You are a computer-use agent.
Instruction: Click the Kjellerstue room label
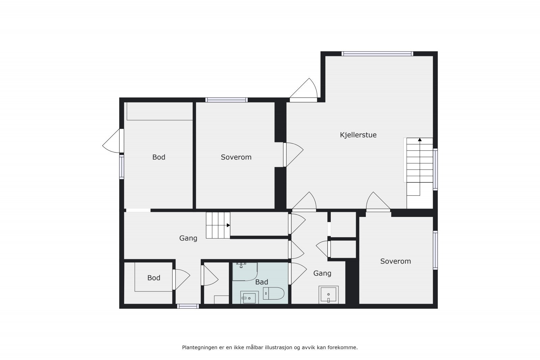click(358, 135)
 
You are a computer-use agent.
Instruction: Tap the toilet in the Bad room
click(274, 294)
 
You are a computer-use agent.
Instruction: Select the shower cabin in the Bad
click(245, 272)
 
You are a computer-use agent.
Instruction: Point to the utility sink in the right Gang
click(328, 295)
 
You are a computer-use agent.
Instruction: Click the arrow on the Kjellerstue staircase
click(420, 139)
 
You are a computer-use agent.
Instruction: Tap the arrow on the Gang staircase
click(228, 225)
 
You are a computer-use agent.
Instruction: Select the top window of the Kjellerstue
click(377, 54)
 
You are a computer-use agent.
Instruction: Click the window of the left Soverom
click(226, 100)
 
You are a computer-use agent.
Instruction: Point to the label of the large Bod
click(159, 157)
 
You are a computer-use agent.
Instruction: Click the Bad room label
click(262, 282)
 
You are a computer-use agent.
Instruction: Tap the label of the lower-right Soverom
click(395, 261)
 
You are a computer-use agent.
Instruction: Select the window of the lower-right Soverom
click(435, 250)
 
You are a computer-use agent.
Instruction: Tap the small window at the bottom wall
click(188, 306)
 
